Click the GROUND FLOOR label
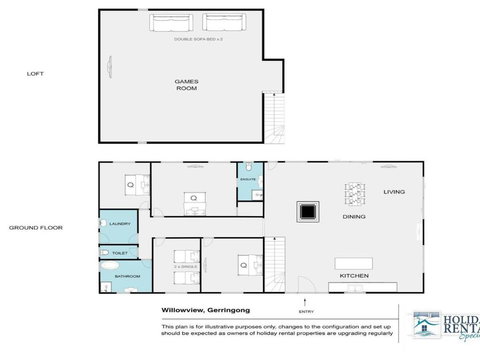pyautogui.click(x=36, y=227)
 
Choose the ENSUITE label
pyautogui.click(x=248, y=180)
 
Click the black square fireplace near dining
pyautogui.click(x=307, y=211)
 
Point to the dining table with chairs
pyautogui.click(x=355, y=194)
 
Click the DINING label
pyautogui.click(x=354, y=216)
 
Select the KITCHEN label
pyautogui.click(x=355, y=275)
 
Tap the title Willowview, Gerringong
pyautogui.click(x=205, y=310)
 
